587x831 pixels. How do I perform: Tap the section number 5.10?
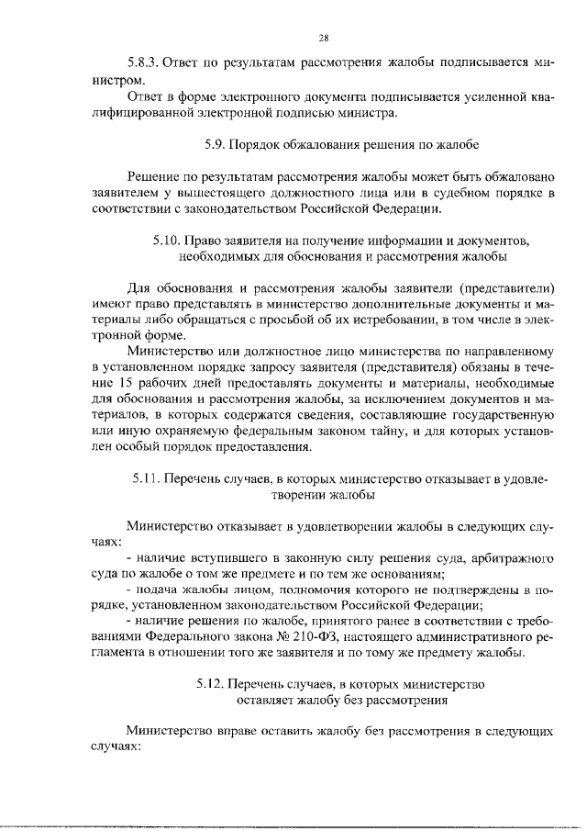168,240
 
